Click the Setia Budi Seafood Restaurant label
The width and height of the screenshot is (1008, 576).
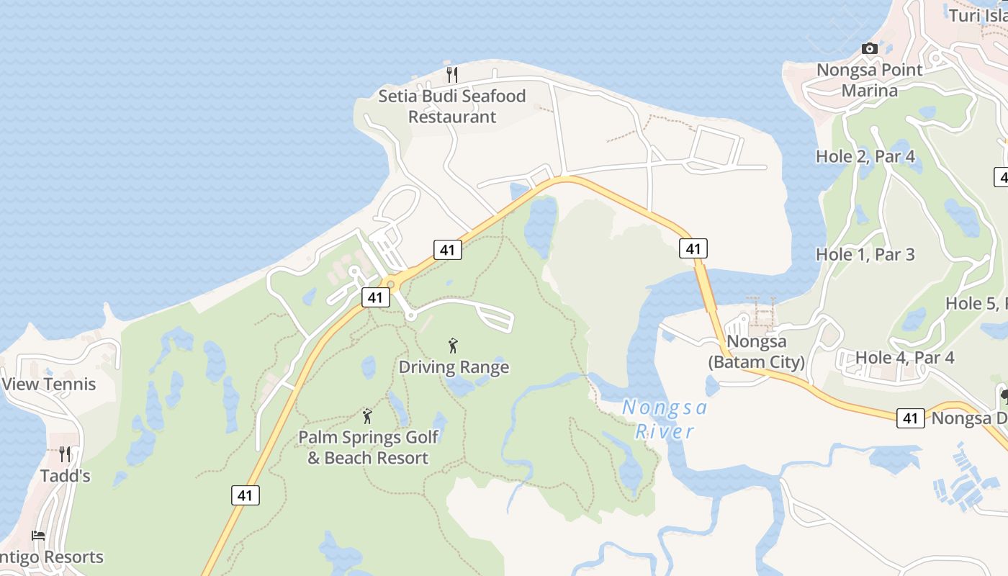coord(452,107)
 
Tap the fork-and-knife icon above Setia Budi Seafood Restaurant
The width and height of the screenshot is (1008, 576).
coord(452,73)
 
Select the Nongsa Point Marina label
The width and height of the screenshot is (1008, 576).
coord(870,81)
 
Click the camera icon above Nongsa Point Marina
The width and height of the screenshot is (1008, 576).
coord(870,49)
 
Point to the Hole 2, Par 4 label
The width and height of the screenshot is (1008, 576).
coord(865,156)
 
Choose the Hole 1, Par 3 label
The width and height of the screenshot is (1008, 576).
coord(865,254)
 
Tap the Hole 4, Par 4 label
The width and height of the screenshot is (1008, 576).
coord(905,358)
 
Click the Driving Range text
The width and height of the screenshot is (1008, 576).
coord(454,367)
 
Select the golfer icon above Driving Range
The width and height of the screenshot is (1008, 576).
coord(453,346)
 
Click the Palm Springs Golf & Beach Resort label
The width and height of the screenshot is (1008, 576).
coord(368,447)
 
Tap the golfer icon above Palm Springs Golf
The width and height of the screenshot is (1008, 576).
coord(368,416)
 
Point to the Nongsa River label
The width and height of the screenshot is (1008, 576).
coord(665,420)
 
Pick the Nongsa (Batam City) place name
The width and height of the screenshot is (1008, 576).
coord(756,351)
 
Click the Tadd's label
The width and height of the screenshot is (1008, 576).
coord(65,476)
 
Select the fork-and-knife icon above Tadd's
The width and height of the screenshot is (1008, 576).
coord(65,454)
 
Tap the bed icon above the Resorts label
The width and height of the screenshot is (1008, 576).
coord(38,536)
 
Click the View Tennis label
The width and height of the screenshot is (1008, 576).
coord(49,384)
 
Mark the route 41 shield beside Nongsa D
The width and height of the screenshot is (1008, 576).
coord(911,418)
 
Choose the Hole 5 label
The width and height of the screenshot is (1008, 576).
coord(976,304)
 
